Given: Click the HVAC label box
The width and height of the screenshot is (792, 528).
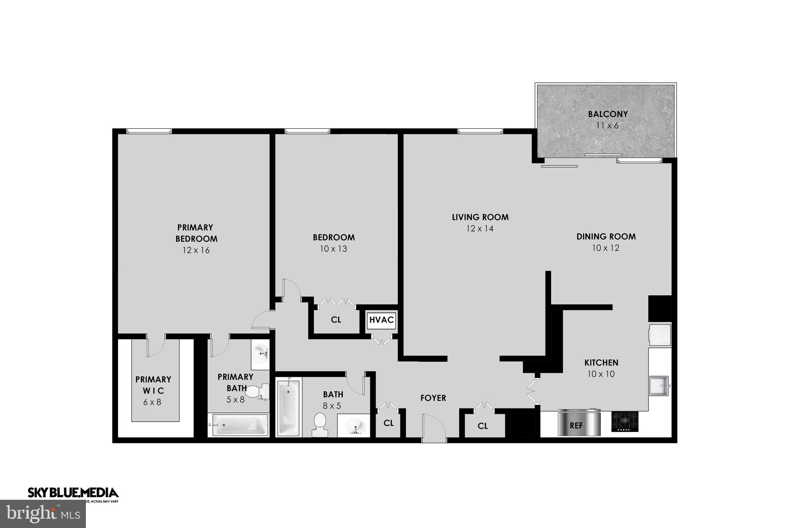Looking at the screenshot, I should tap(381, 320).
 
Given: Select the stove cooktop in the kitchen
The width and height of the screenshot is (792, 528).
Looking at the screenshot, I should tap(625, 422).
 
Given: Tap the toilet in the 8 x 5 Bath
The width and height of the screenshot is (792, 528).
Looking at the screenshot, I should tap(320, 425).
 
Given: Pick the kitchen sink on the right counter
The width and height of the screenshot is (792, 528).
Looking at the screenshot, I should tap(659, 385).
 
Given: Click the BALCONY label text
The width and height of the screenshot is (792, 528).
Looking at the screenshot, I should tap(607, 114).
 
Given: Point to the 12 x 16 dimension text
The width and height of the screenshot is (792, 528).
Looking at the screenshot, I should tap(196, 250).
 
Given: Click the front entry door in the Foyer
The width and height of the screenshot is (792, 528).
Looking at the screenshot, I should tap(434, 428).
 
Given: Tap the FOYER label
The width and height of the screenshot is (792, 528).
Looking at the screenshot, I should tap(433, 398).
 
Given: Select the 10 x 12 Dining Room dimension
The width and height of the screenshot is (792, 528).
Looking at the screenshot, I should tap(606, 248).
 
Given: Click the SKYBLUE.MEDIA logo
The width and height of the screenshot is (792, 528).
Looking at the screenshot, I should tap(73, 493).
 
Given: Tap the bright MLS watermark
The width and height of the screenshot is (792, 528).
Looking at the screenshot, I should tap(43, 514).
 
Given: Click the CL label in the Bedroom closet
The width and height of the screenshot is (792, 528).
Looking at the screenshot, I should tap(336, 320).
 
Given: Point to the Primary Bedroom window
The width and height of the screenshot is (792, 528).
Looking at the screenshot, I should tap(149, 132).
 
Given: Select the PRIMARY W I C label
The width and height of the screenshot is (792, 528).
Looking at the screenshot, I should tap(153, 384).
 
